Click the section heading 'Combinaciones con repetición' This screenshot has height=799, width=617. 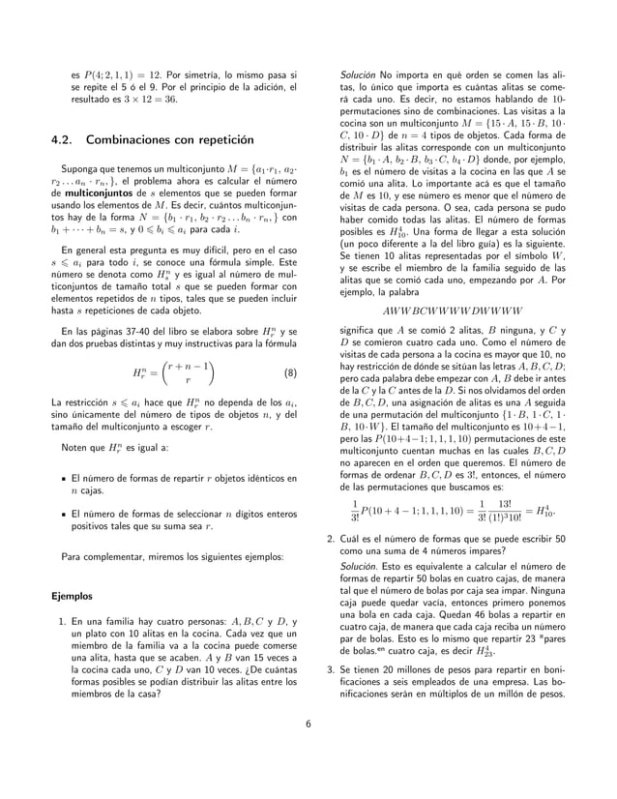(176, 139)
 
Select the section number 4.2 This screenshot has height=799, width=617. (66, 139)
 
